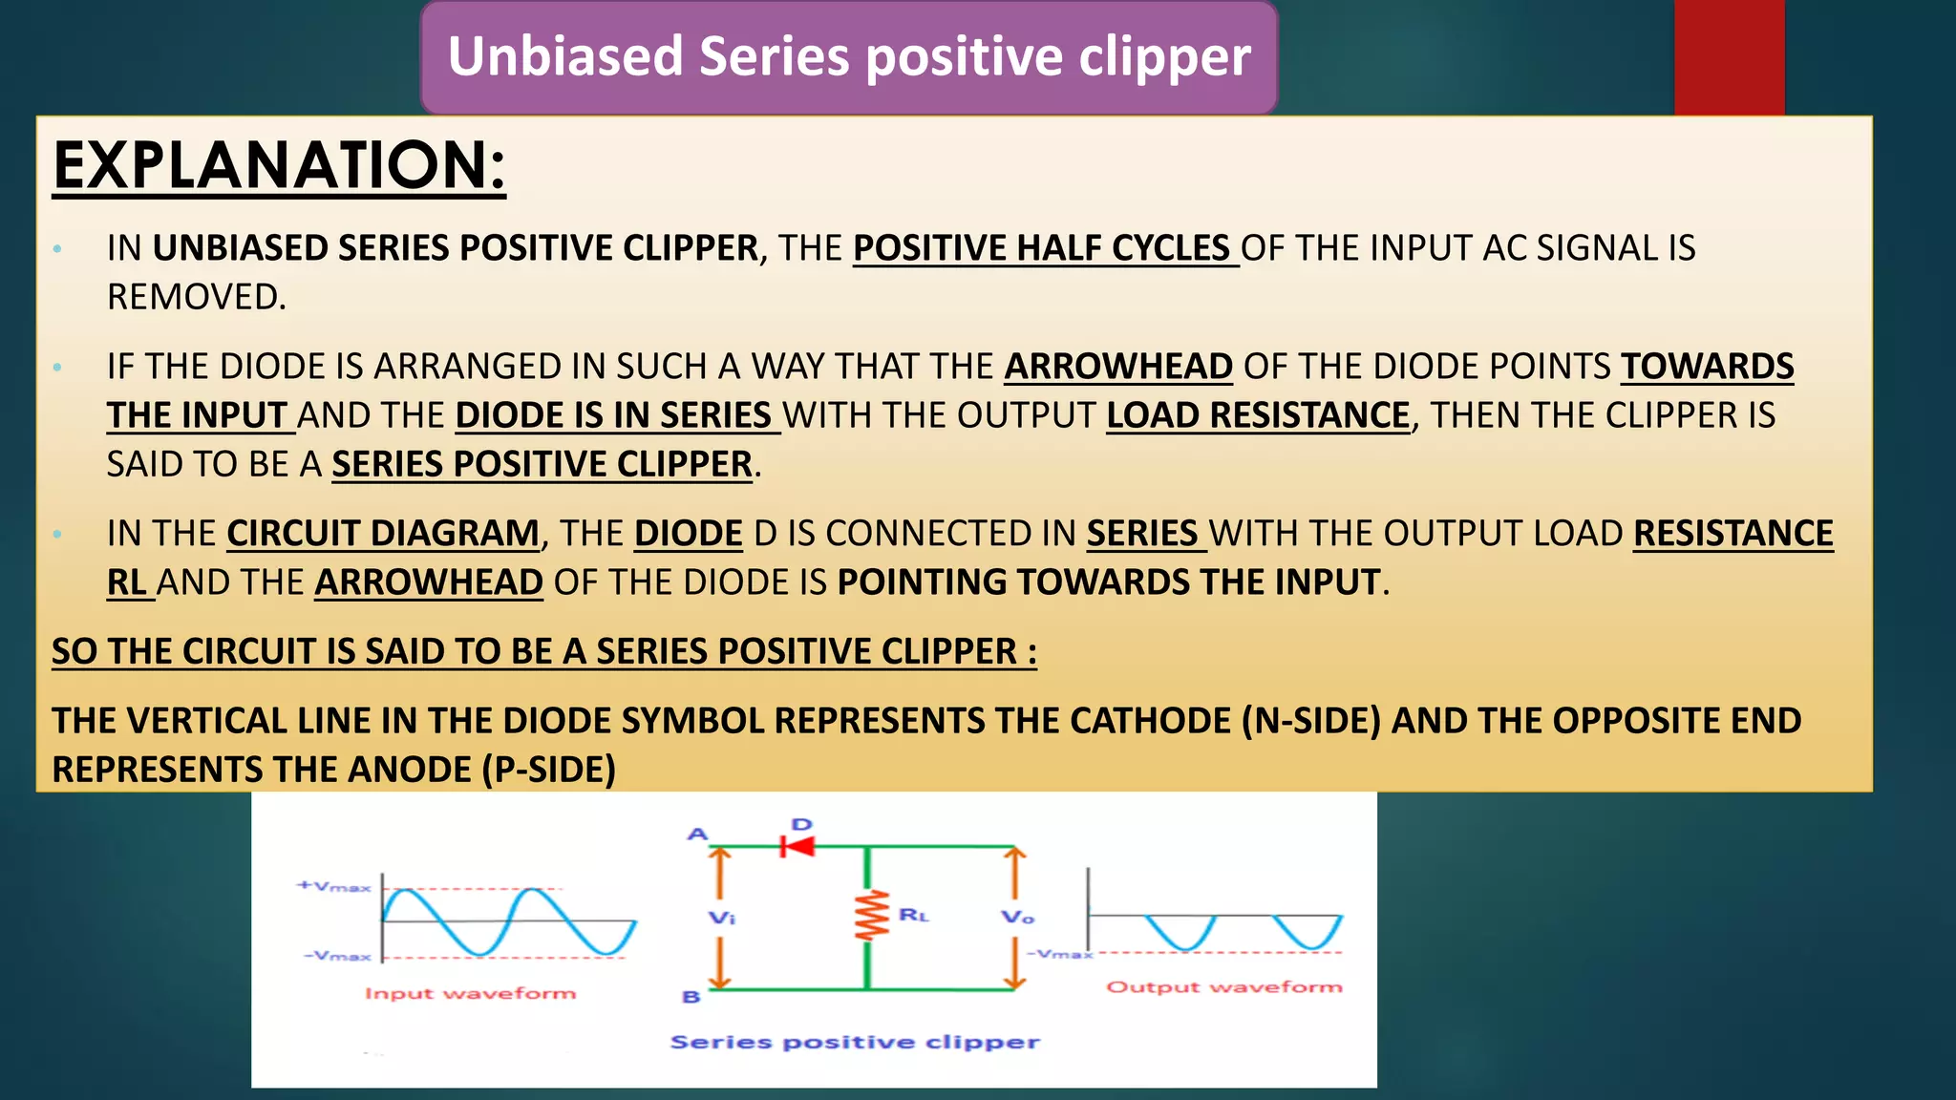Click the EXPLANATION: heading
(279, 166)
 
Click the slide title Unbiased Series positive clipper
(849, 56)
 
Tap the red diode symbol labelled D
(797, 846)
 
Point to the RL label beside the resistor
(913, 915)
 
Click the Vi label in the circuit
(721, 918)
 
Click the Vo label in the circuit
(1017, 917)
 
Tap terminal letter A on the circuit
(697, 834)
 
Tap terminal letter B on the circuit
(691, 996)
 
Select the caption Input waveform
(470, 993)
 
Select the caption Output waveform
(1223, 986)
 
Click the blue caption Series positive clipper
(854, 1042)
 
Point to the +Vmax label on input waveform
(333, 886)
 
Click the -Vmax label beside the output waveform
(1058, 953)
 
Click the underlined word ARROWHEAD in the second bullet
(1117, 367)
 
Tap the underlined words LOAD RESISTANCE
(1257, 415)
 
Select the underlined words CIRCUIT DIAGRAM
(383, 534)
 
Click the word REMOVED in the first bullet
(195, 297)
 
